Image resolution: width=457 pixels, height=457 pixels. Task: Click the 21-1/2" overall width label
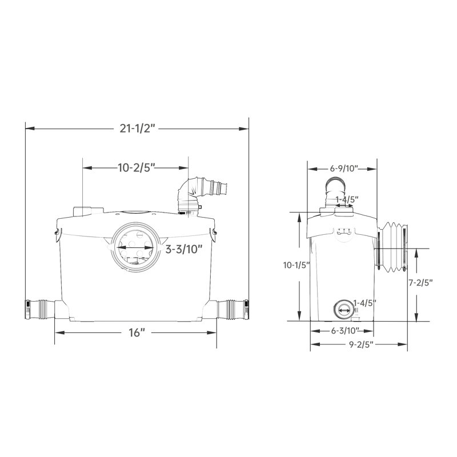138,129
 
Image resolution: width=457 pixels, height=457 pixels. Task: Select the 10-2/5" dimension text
136,168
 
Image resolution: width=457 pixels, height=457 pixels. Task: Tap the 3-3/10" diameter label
183,250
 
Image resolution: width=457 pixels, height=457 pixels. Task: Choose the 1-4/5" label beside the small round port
364,303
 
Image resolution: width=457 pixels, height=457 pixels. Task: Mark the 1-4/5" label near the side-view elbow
347,199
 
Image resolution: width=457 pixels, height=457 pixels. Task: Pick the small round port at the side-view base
343,308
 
